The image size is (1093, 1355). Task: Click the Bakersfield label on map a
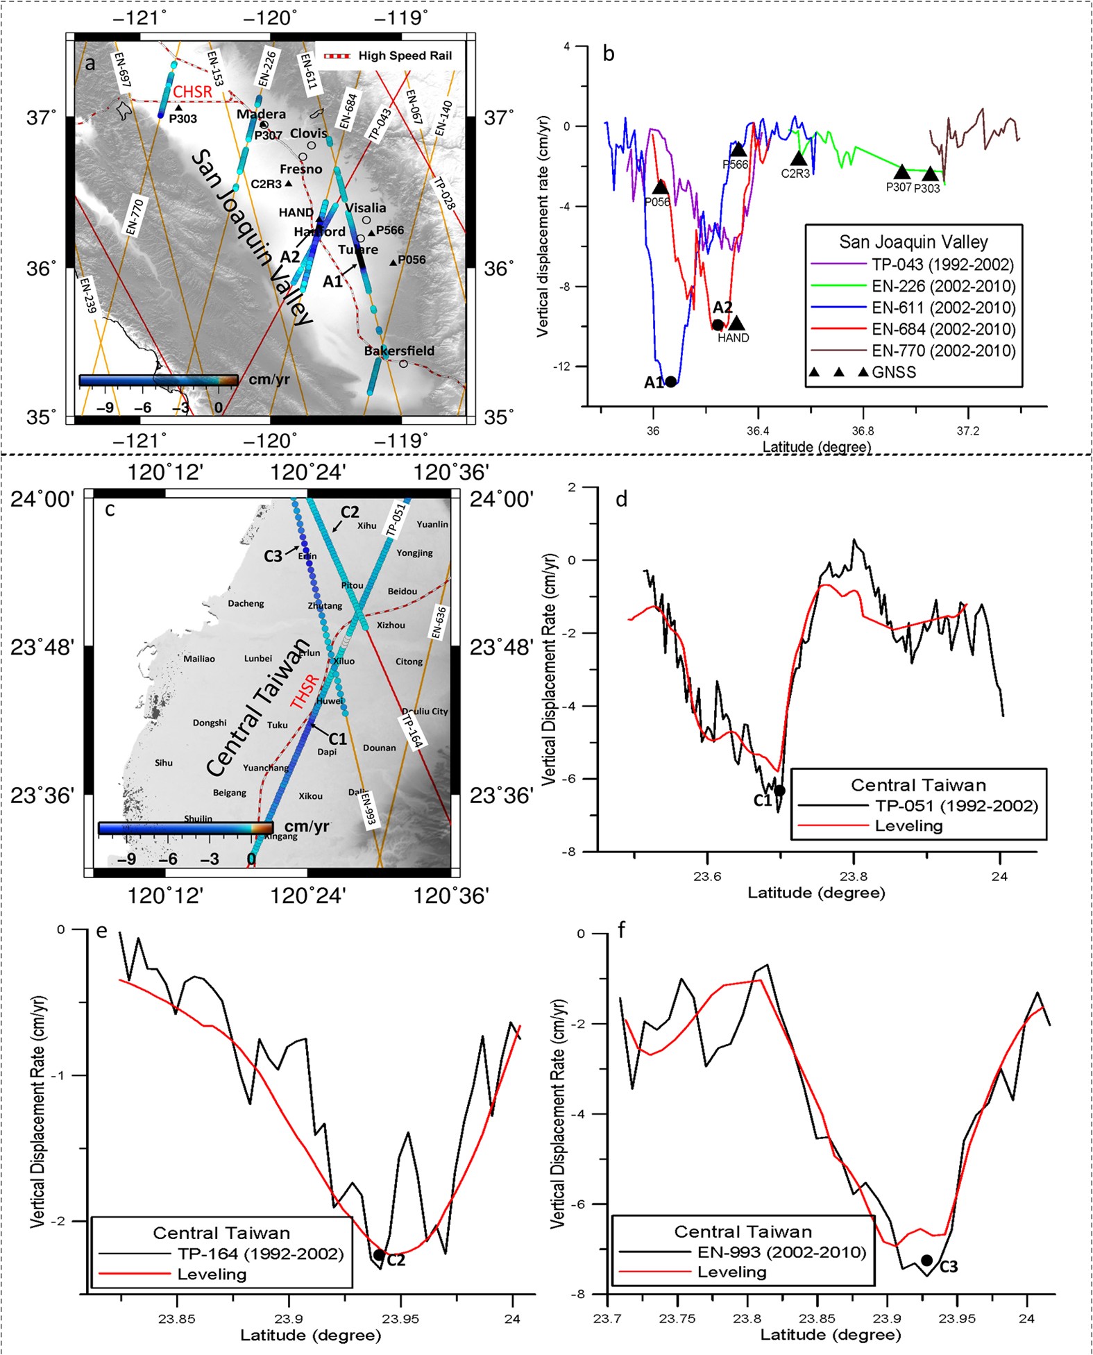pyautogui.click(x=399, y=351)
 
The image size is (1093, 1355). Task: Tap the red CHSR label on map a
pyautogui.click(x=192, y=92)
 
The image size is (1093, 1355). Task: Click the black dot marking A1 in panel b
pyautogui.click(x=670, y=382)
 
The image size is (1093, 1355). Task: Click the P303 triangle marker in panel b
pyautogui.click(x=930, y=174)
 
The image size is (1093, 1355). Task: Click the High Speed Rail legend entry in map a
pyautogui.click(x=404, y=56)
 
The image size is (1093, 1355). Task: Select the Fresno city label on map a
pyautogui.click(x=300, y=169)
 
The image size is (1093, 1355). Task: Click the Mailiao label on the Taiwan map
pyautogui.click(x=199, y=659)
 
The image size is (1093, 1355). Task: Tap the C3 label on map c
pyautogui.click(x=273, y=556)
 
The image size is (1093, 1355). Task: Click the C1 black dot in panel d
pyautogui.click(x=779, y=790)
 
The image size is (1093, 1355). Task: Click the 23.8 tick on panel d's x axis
pyautogui.click(x=854, y=876)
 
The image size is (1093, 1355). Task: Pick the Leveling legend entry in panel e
pyautogui.click(x=212, y=1274)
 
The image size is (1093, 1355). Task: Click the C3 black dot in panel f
pyautogui.click(x=926, y=1261)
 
